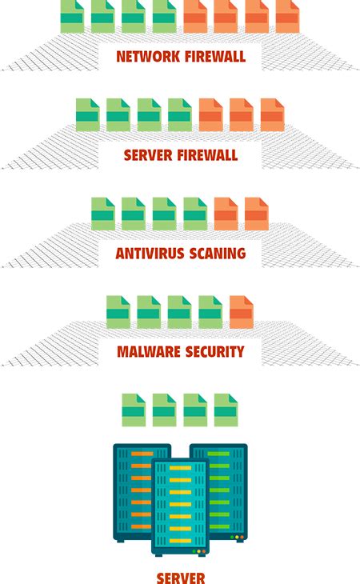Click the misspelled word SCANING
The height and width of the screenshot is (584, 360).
(216, 254)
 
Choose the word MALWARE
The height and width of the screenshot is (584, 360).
(150, 352)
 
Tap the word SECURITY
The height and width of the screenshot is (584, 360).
(215, 352)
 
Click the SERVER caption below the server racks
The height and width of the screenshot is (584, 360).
(180, 576)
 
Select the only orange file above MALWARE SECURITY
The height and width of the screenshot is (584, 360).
(241, 312)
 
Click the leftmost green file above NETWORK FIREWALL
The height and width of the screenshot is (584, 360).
(72, 16)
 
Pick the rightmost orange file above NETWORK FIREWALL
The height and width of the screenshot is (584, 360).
(287, 16)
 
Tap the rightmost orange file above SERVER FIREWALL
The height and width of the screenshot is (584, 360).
(272, 114)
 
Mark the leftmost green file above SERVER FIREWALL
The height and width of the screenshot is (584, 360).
(87, 114)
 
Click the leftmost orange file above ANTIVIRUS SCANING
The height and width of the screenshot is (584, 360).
(226, 213)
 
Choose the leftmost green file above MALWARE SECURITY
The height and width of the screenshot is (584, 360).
(118, 312)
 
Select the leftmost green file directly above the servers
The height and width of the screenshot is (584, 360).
(134, 410)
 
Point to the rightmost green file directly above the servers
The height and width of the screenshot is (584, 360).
(226, 410)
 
